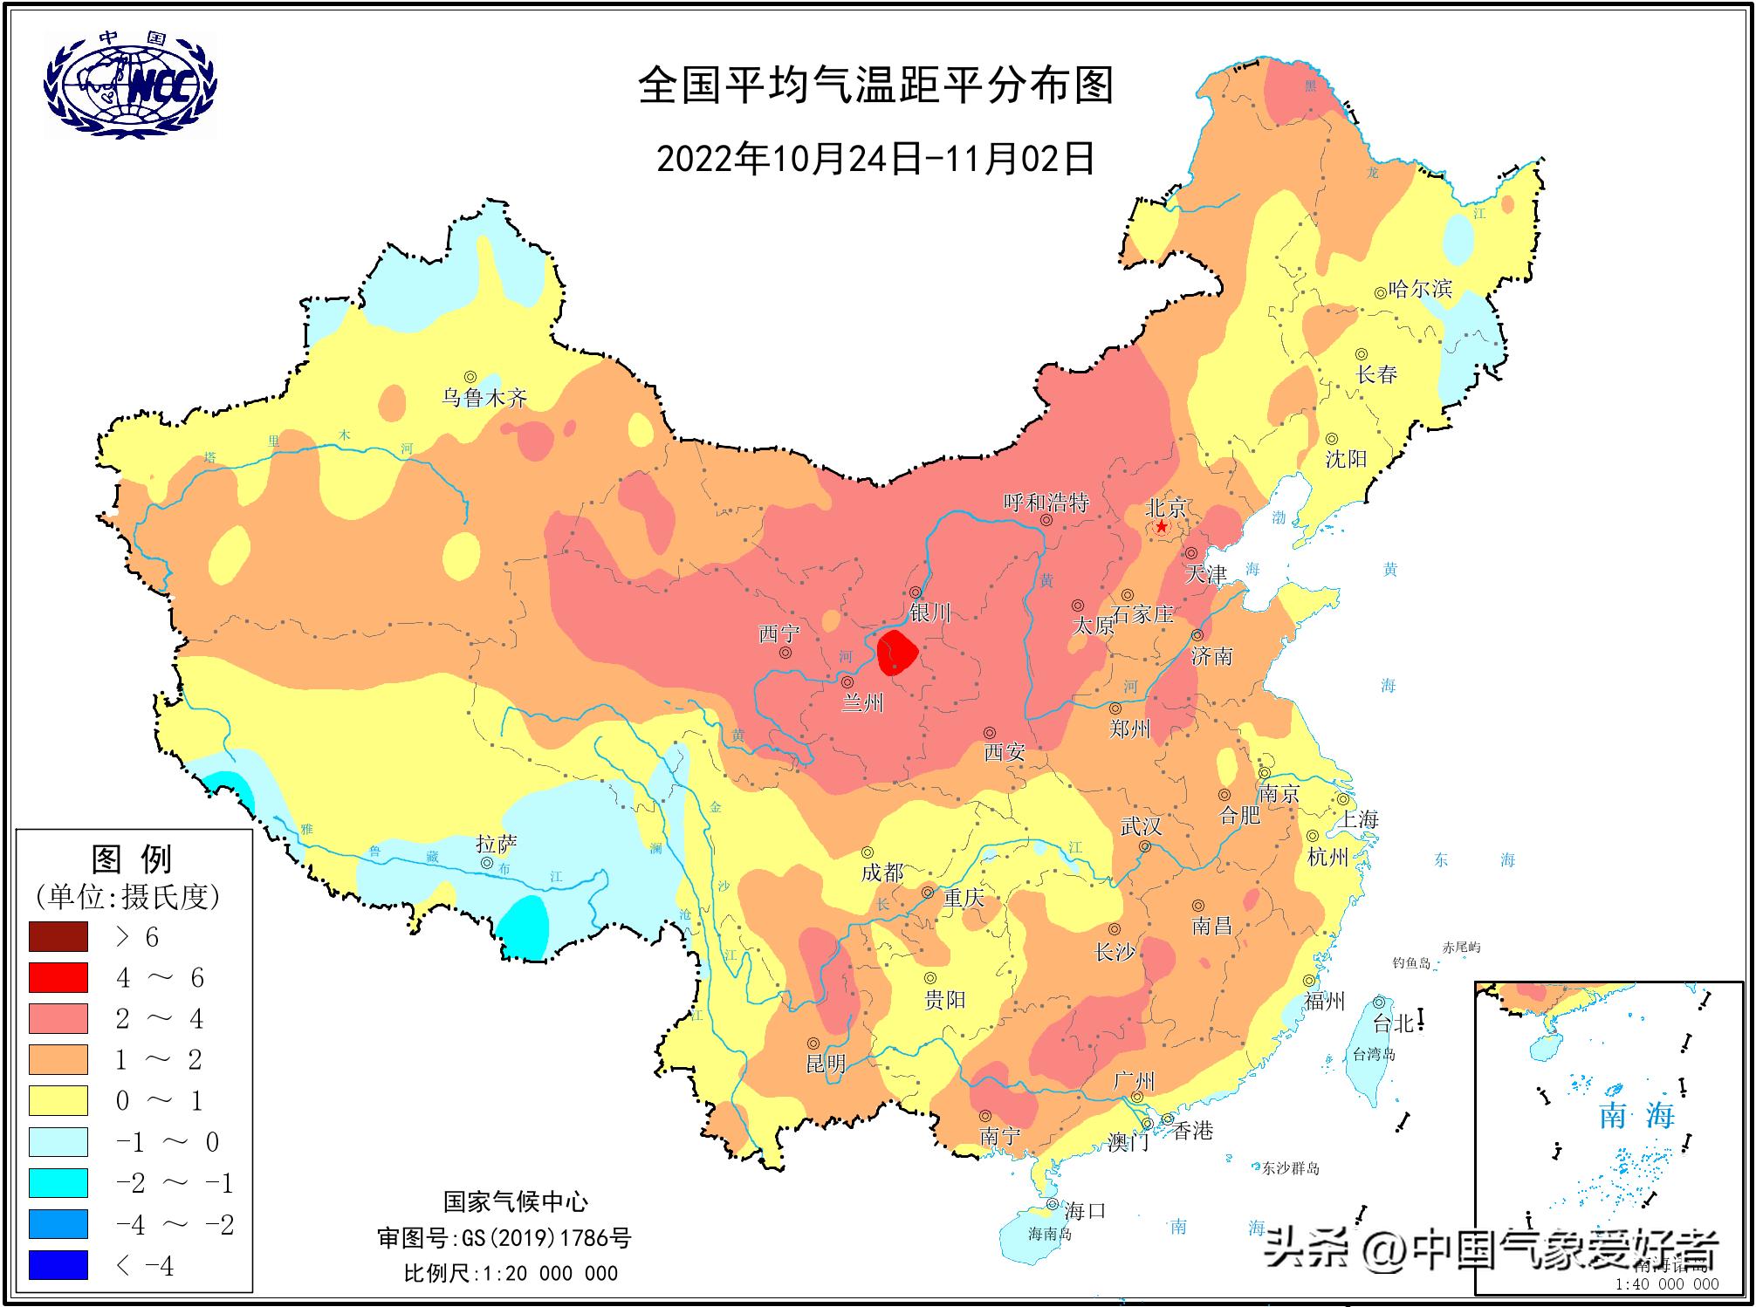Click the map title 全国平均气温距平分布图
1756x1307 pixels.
(876, 86)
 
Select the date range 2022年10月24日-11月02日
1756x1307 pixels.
(875, 159)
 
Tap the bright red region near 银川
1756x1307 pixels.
(897, 653)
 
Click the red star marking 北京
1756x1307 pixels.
(1162, 527)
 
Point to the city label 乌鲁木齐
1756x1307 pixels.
(484, 398)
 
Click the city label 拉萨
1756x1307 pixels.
(497, 844)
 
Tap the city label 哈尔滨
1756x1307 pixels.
(1420, 289)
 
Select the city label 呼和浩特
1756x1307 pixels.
(1046, 503)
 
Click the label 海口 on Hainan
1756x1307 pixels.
(1085, 1210)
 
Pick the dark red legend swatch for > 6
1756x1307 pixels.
(58, 936)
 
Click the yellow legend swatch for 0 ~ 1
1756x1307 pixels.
(58, 1100)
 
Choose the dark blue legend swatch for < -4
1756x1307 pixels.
(58, 1265)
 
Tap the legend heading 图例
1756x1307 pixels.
(132, 859)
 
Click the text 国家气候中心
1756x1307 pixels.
(515, 1201)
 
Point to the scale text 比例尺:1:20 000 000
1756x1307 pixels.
(511, 1273)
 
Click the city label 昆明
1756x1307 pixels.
(825, 1063)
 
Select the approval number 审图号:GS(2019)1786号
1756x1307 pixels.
(504, 1237)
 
